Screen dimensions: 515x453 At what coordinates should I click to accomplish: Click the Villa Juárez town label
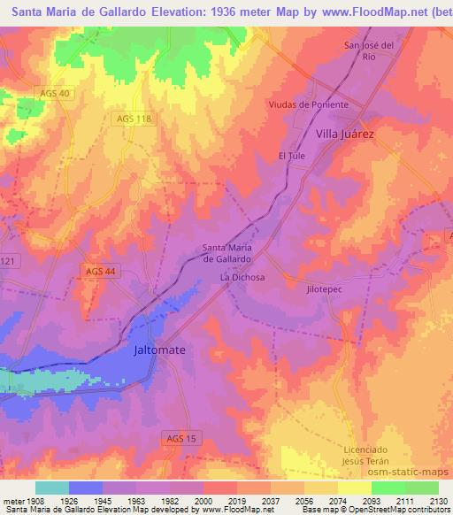pos(346,134)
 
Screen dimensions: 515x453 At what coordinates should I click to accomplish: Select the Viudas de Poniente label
pos(309,104)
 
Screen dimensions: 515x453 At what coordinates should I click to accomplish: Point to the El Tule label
pos(291,156)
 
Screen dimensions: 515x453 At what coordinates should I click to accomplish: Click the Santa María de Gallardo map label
pos(228,253)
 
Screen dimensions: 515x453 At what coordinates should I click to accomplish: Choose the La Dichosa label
pos(242,277)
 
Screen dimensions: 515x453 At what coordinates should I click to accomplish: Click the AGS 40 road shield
pos(55,94)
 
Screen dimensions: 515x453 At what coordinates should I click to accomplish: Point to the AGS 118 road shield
pos(135,118)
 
